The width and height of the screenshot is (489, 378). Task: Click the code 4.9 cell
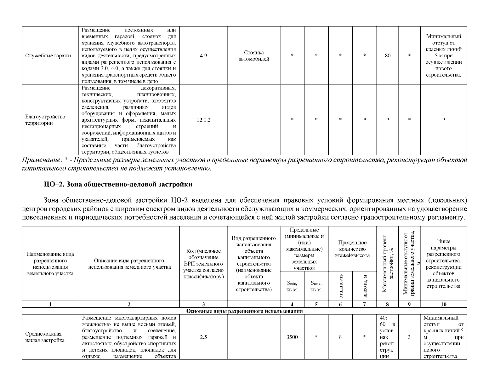(203, 56)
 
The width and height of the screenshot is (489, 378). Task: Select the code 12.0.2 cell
(203, 120)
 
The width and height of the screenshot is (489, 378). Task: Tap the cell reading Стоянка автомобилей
(254, 56)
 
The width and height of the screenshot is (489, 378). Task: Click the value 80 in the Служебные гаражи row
(388, 56)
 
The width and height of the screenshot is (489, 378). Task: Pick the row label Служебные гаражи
(48, 56)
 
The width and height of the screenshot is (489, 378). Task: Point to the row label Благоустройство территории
(45, 120)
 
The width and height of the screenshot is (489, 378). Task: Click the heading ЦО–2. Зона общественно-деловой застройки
(118, 184)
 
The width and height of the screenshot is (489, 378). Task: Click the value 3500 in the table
(292, 337)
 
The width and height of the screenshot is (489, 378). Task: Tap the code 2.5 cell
(203, 337)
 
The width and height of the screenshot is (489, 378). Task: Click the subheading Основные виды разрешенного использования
(244, 311)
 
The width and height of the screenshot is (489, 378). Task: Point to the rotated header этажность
(341, 286)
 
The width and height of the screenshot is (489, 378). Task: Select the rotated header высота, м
(365, 286)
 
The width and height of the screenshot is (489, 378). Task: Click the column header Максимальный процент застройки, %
(388, 263)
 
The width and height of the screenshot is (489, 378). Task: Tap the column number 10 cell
(443, 304)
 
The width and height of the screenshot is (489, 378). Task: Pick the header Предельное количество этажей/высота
(352, 249)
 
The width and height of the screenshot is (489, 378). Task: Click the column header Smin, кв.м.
(292, 286)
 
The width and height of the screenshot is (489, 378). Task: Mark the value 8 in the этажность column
(340, 337)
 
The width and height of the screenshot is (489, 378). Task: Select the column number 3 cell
(203, 304)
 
